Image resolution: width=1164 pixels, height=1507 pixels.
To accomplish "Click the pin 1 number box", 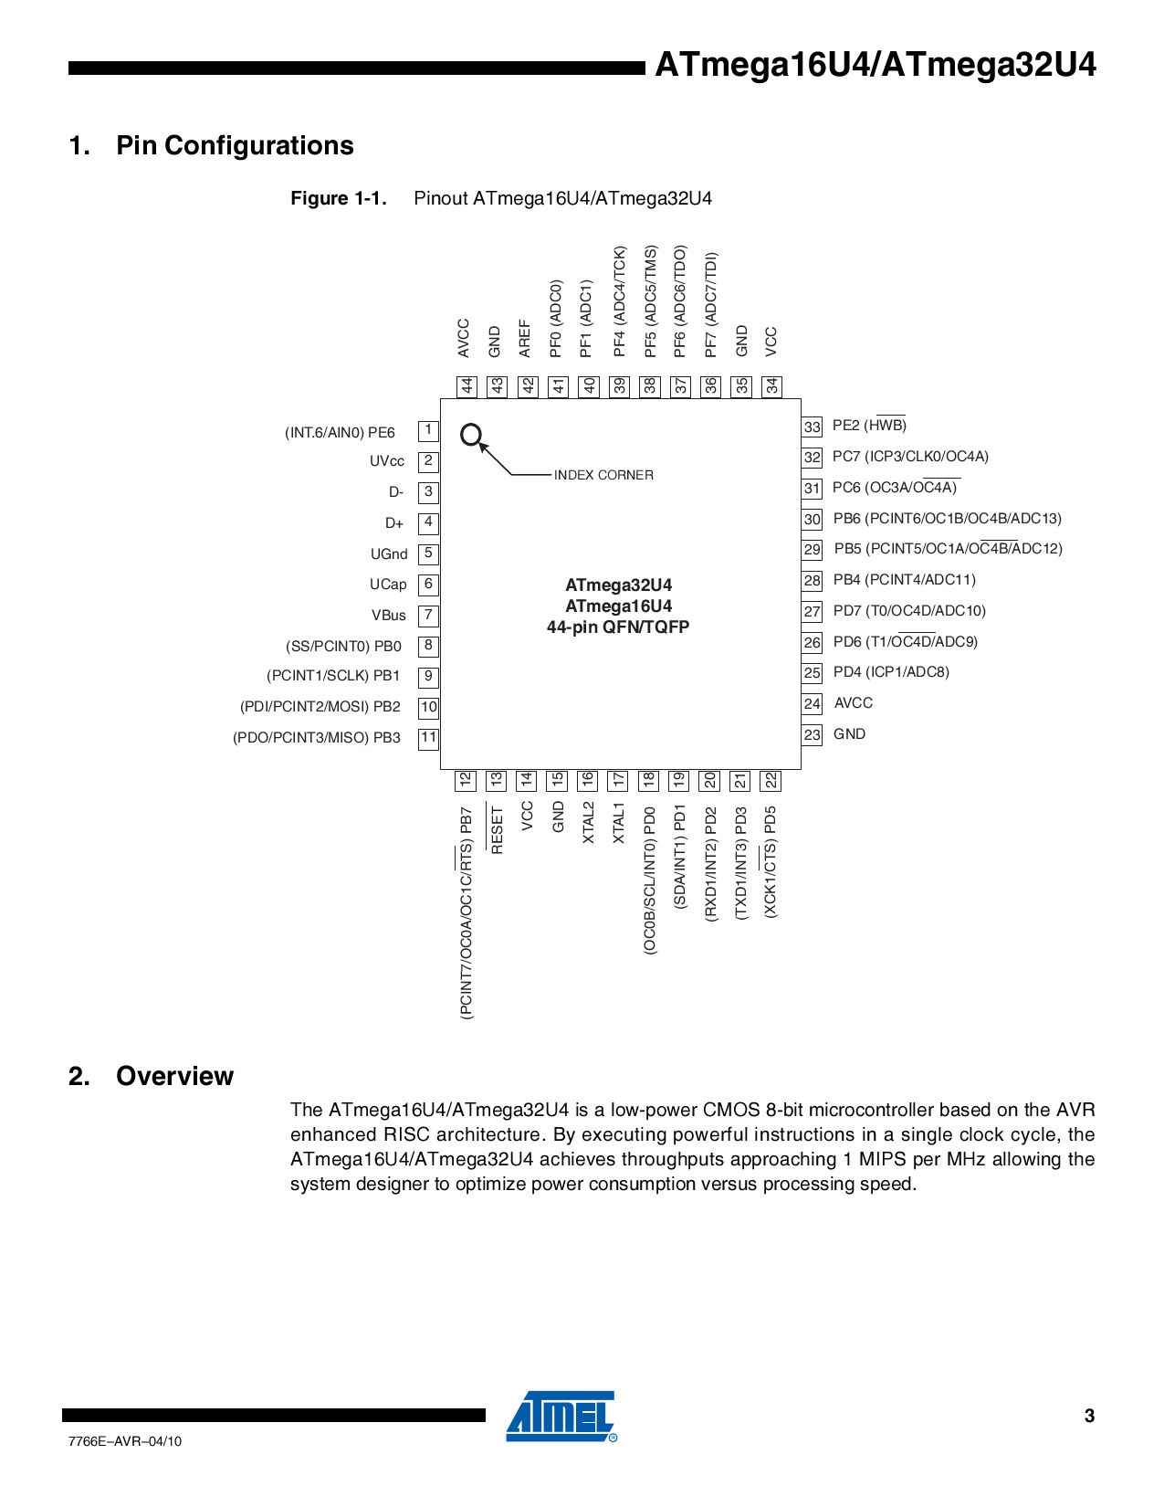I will point(428,430).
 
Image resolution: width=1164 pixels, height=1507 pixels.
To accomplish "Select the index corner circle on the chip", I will point(470,435).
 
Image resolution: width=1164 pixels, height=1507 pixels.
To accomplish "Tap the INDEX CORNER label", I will point(603,475).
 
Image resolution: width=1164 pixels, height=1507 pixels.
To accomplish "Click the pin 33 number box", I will point(813,427).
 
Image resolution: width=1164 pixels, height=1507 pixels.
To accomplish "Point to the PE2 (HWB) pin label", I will point(869,426).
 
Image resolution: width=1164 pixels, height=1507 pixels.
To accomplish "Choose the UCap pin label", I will point(388,585).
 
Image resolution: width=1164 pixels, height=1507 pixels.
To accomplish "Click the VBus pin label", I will point(388,616).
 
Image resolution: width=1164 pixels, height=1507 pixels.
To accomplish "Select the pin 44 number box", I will point(467,386).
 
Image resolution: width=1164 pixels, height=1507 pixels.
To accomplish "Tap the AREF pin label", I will point(525,338).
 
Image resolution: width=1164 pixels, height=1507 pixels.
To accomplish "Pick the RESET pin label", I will point(497,829).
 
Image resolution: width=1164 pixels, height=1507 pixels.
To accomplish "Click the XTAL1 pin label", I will point(618,823).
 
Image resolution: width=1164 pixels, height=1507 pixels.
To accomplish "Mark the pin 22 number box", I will point(771,781).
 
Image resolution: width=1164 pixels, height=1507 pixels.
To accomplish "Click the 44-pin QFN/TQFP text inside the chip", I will point(618,627).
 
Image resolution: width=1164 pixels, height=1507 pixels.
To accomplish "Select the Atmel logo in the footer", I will point(561,1417).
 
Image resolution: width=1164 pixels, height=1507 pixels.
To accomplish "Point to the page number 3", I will point(1089,1416).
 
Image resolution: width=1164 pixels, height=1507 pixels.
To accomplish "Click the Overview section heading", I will point(174,1076).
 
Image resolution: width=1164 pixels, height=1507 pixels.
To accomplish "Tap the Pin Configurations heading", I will point(235,146).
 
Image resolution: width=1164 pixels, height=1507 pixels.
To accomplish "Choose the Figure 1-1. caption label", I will point(339,199).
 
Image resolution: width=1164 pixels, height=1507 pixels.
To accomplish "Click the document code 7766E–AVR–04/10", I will point(125,1441).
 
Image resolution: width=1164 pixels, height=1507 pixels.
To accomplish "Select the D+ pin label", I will point(394,523).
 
